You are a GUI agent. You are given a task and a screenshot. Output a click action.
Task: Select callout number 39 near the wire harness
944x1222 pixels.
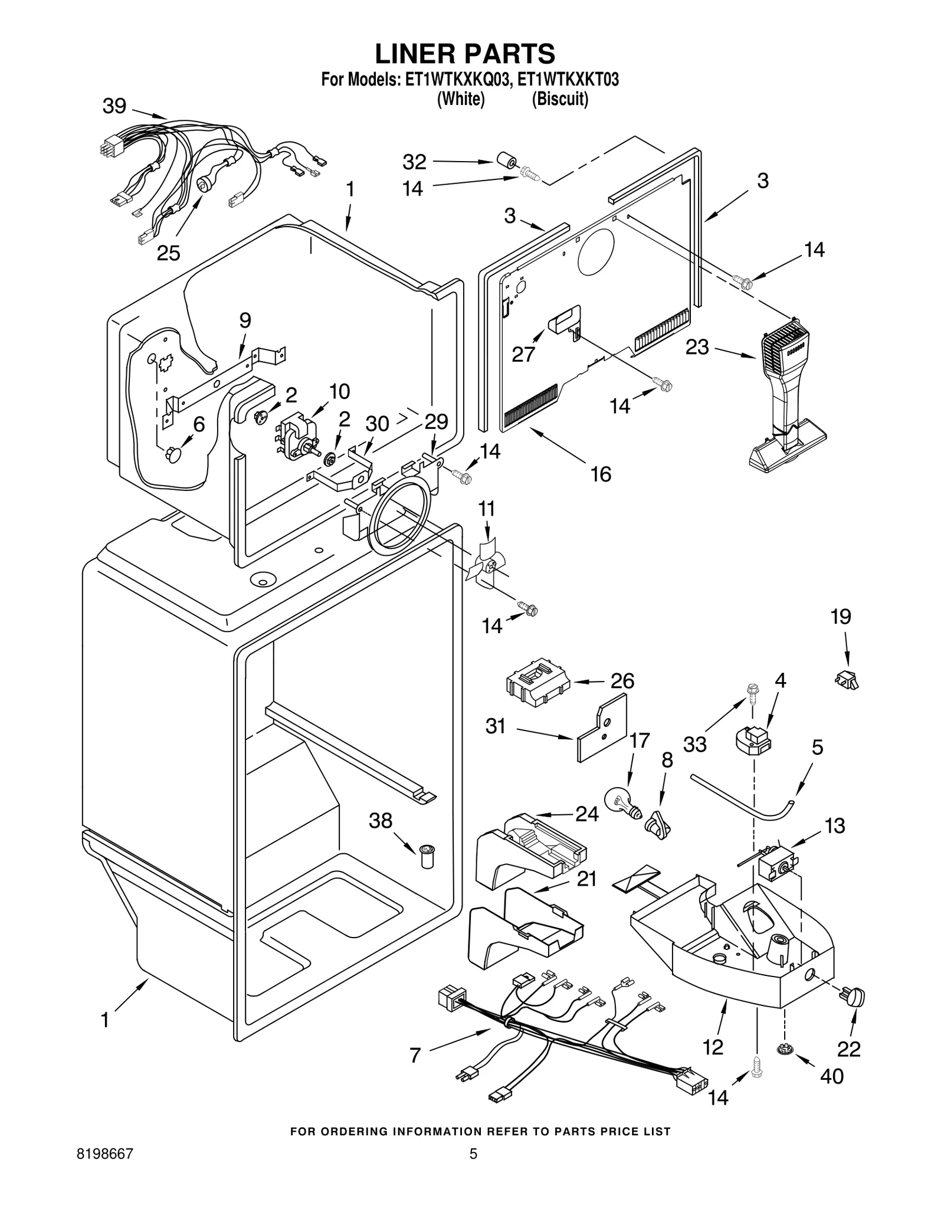click(114, 106)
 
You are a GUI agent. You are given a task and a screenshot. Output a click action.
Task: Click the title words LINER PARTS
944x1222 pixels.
click(465, 54)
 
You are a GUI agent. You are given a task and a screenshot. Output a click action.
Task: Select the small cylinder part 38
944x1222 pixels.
click(426, 856)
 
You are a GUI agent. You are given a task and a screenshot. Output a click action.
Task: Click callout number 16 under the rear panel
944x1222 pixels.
click(601, 474)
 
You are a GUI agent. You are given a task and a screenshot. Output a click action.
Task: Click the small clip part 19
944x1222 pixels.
click(847, 680)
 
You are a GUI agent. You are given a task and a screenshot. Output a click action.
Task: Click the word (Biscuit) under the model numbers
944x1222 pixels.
click(560, 99)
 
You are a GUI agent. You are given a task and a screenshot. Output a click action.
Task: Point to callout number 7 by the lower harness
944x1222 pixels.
click(415, 1055)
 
